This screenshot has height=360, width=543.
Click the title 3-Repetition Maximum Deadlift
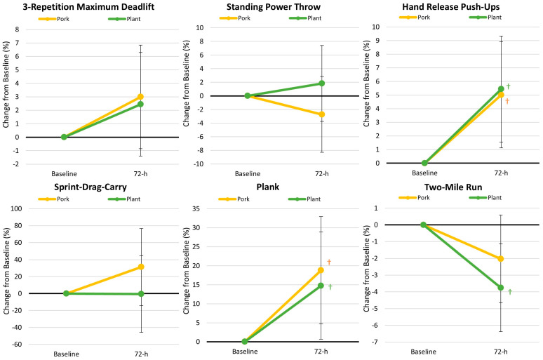pyautogui.click(x=88, y=6)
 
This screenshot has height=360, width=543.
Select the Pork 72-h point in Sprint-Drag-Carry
pyautogui.click(x=141, y=267)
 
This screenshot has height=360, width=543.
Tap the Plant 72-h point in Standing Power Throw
pyautogui.click(x=322, y=83)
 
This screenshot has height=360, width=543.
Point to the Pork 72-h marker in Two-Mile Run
pyautogui.click(x=500, y=258)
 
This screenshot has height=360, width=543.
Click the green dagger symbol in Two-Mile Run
pyautogui.click(x=510, y=292)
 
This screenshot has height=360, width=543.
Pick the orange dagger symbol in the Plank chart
pyautogui.click(x=329, y=262)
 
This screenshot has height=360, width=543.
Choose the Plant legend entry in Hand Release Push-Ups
pyautogui.click(x=485, y=18)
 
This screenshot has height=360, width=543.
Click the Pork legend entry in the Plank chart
pyautogui.click(x=234, y=199)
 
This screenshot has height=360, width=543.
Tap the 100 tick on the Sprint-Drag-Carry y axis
pyautogui.click(x=16, y=208)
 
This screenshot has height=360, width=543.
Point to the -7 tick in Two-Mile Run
pyautogui.click(x=375, y=342)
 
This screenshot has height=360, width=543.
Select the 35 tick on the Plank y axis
pyautogui.click(x=196, y=208)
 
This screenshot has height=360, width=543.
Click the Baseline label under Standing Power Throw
pyautogui.click(x=248, y=173)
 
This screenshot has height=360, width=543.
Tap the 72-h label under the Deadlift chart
pyautogui.click(x=140, y=173)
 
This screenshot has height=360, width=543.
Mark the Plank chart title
pyautogui.click(x=268, y=187)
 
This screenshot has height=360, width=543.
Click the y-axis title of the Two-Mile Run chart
pyautogui.click(x=366, y=269)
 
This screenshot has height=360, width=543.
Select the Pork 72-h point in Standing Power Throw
pyautogui.click(x=322, y=114)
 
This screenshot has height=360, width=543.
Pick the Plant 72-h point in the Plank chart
pyautogui.click(x=321, y=286)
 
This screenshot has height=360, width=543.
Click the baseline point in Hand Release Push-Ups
pyautogui.click(x=424, y=163)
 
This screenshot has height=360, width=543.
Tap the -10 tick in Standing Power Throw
pyautogui.click(x=199, y=164)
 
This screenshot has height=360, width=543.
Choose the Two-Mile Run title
pyautogui.click(x=453, y=187)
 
